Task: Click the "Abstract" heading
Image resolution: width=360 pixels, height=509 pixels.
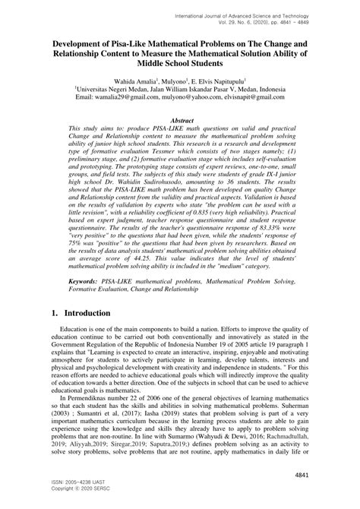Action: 180,121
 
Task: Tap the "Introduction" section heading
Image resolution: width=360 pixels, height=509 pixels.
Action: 81,312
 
